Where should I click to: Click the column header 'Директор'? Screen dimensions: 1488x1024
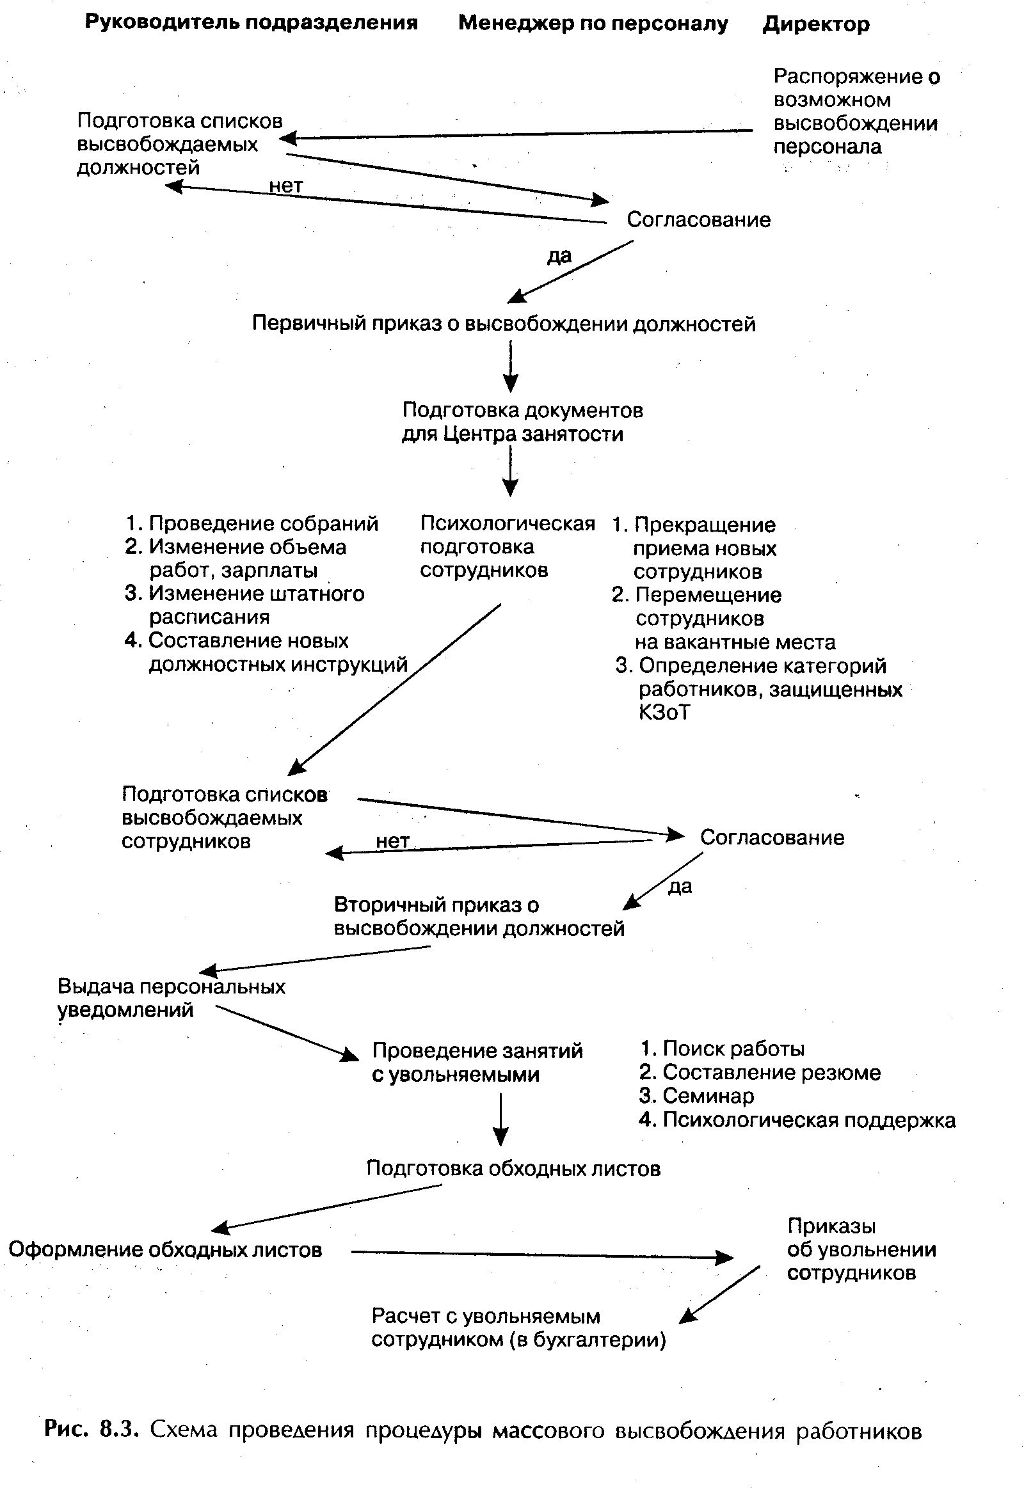[x=815, y=25]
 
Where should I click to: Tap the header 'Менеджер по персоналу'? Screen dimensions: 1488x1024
[x=593, y=24]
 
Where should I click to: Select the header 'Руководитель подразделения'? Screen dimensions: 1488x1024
[x=251, y=23]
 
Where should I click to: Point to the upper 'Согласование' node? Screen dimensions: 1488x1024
[x=698, y=220]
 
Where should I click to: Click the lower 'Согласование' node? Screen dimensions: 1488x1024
[x=772, y=837]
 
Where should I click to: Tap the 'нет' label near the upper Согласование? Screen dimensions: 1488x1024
[x=285, y=186]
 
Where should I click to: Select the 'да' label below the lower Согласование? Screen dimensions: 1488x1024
[x=680, y=887]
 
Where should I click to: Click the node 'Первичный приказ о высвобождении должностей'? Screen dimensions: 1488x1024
[x=504, y=324]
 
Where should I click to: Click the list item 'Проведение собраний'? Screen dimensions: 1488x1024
[x=263, y=524]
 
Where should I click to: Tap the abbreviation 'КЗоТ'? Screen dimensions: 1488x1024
[x=665, y=713]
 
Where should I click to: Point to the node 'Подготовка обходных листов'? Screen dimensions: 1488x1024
[x=513, y=1169]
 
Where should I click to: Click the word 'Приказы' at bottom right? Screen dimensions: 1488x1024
[x=831, y=1226]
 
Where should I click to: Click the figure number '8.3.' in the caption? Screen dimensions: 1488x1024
[x=118, y=1430]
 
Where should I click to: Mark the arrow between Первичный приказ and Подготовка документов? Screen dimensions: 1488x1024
[x=510, y=366]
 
